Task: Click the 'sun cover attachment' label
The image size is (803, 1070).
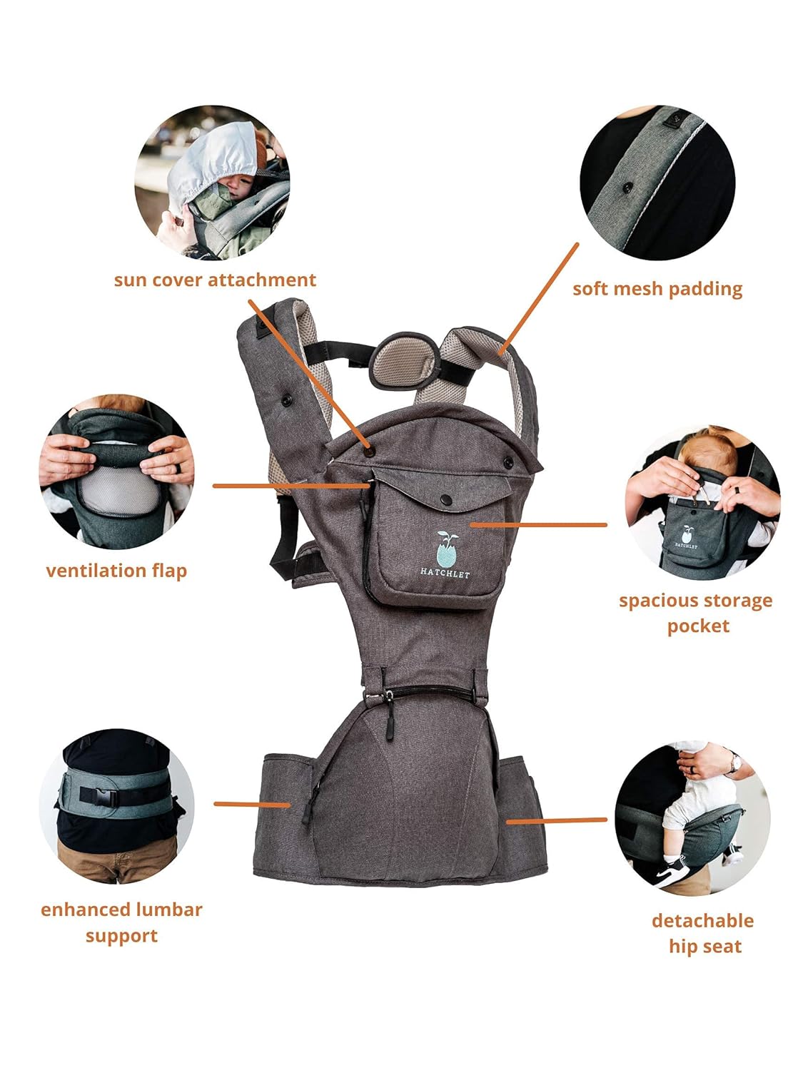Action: (215, 280)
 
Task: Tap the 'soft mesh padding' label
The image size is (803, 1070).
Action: (657, 289)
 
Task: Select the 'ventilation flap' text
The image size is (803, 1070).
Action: (116, 571)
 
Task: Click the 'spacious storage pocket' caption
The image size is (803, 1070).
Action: (696, 613)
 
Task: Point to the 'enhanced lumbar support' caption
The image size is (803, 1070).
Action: (121, 922)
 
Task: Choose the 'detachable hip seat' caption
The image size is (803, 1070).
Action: (703, 933)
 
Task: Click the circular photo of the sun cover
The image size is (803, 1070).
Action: (212, 183)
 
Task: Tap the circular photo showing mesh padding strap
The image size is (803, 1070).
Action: (657, 183)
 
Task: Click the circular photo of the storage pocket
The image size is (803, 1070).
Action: (702, 503)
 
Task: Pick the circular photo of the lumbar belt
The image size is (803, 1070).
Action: (116, 805)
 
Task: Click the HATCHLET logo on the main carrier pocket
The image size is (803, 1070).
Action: (445, 556)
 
